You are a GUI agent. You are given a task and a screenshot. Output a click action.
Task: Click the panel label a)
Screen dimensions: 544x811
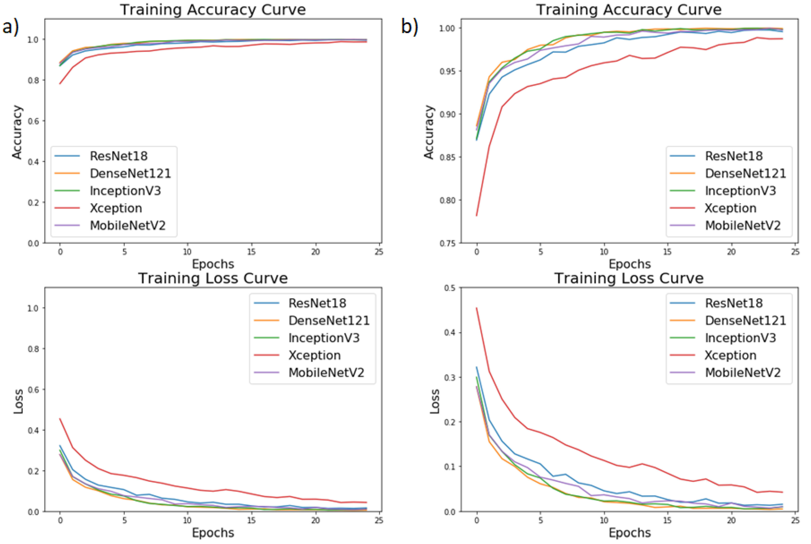(x=10, y=27)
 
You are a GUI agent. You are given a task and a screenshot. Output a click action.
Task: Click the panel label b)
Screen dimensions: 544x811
(x=410, y=27)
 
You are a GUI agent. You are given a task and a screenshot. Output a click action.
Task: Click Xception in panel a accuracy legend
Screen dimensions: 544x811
(x=116, y=208)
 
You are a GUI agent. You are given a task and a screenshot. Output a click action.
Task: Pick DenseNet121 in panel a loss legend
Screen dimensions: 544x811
(x=329, y=320)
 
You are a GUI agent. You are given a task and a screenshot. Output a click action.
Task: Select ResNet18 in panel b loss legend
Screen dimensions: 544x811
(x=734, y=303)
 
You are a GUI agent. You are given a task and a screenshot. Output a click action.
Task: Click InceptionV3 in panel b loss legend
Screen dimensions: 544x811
(x=740, y=338)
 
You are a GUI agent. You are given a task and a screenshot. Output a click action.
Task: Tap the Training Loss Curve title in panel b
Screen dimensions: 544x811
(x=629, y=278)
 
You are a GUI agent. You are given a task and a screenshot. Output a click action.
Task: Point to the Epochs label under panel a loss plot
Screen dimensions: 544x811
(x=213, y=533)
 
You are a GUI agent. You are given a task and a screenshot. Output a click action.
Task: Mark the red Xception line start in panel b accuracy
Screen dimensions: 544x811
(x=476, y=216)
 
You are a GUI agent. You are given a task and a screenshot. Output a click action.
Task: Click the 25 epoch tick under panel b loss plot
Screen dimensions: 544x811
(x=795, y=520)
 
